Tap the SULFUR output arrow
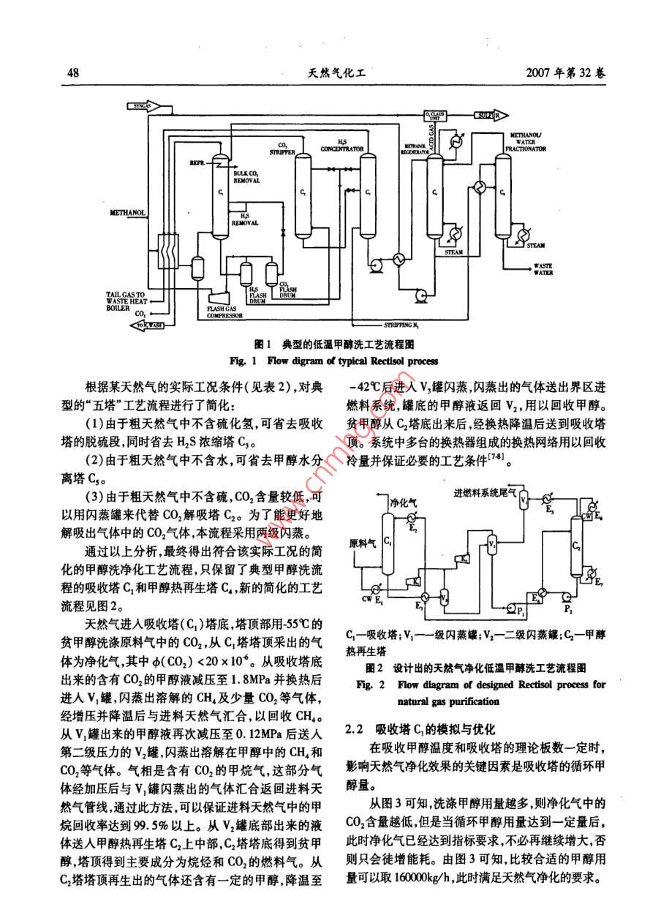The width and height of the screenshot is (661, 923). tap(486, 116)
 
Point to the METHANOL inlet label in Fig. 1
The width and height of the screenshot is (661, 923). tap(129, 213)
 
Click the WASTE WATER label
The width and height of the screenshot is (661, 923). tap(542, 268)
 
